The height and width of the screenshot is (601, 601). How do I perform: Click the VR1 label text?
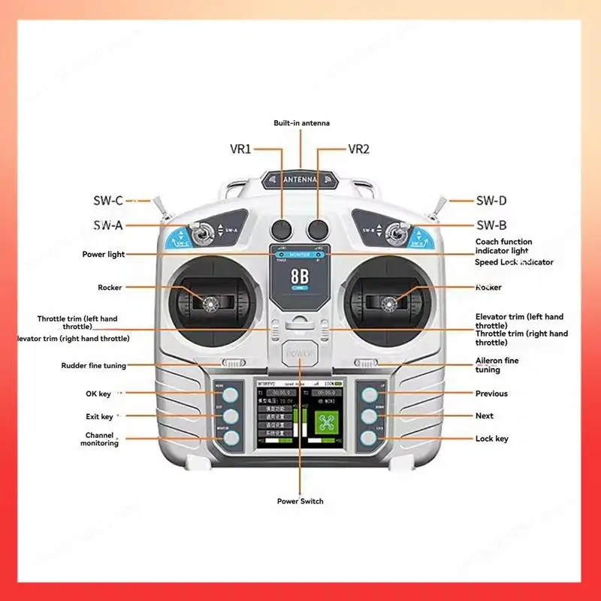(x=240, y=149)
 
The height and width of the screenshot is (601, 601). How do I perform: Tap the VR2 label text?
(x=359, y=149)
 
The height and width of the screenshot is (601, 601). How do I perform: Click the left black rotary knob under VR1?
(x=282, y=228)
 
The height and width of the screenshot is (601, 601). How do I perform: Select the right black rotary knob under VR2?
(x=317, y=228)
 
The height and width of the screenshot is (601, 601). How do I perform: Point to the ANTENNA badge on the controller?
(x=300, y=180)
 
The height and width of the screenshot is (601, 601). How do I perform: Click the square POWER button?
(x=300, y=353)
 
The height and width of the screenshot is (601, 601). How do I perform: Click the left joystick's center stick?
(x=208, y=302)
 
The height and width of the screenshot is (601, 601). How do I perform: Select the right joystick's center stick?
(x=390, y=303)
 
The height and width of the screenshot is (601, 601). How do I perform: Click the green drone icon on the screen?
(x=325, y=421)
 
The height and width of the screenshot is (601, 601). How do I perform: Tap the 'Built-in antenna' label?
(x=301, y=122)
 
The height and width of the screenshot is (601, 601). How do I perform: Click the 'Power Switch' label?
(x=300, y=501)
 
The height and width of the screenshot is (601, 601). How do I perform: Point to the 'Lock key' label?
(x=491, y=438)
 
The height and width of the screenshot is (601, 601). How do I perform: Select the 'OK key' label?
(x=98, y=394)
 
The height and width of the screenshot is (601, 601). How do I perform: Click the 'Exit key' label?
(x=98, y=416)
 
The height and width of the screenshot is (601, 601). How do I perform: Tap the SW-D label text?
(x=491, y=201)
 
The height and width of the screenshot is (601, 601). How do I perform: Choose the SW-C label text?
(x=107, y=201)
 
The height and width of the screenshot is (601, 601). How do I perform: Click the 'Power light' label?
(x=104, y=255)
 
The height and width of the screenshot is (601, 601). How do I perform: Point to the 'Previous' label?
(x=491, y=394)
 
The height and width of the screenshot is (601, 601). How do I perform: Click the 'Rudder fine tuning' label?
(x=93, y=366)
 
